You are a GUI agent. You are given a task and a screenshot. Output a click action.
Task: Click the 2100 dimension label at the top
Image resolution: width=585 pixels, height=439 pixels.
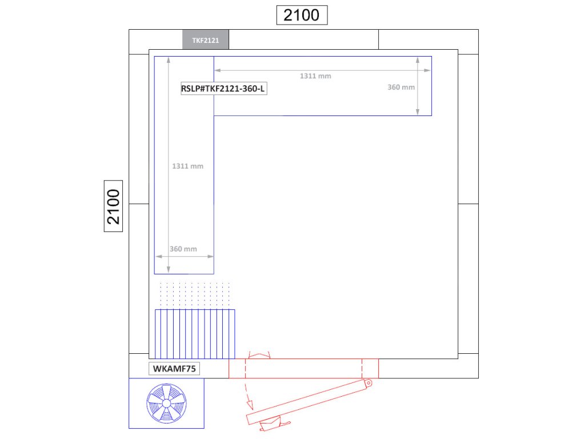coord(302,15)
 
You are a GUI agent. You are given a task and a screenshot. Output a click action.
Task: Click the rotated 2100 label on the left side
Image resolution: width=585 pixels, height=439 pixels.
coord(114,206)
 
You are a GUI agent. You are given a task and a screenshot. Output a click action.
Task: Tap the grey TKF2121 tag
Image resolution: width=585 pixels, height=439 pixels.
coord(206,39)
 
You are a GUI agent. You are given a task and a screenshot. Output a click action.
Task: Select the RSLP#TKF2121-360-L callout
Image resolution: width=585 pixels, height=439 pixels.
coord(223,89)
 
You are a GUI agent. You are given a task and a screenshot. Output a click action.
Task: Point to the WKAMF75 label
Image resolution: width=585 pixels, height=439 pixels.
coord(174,369)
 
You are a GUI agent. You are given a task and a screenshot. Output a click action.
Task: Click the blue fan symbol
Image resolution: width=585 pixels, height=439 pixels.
coord(166,404)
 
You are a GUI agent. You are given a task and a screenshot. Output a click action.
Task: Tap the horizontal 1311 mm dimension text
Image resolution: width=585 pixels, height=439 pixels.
coord(315,76)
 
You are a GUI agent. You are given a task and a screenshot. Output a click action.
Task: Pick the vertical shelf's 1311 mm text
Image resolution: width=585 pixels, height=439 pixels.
coord(187,166)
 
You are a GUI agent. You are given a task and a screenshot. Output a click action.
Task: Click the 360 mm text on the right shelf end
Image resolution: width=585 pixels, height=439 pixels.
coord(401,87)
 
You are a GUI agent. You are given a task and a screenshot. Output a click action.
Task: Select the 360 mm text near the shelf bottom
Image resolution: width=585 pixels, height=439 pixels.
coord(183,249)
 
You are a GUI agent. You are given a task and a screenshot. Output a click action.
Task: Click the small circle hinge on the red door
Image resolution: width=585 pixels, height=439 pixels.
coord(368,383)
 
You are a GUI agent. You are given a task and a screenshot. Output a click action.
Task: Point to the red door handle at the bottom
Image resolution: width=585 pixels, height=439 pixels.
coord(274,425)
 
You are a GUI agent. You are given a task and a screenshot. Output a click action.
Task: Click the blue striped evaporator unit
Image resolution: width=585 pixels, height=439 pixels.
coord(195,334)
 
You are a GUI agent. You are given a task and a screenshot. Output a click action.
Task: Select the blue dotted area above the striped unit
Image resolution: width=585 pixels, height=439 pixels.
coord(195,294)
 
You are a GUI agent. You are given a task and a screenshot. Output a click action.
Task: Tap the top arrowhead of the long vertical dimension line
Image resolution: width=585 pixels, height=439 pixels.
coord(169,60)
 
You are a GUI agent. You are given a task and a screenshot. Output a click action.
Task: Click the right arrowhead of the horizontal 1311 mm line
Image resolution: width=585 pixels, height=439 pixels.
coord(427,70)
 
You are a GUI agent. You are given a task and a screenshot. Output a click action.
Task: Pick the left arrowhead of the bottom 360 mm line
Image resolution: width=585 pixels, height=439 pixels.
coord(159,257)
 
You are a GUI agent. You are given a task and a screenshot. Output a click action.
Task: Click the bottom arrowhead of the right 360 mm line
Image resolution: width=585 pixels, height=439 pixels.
coord(418,111)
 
